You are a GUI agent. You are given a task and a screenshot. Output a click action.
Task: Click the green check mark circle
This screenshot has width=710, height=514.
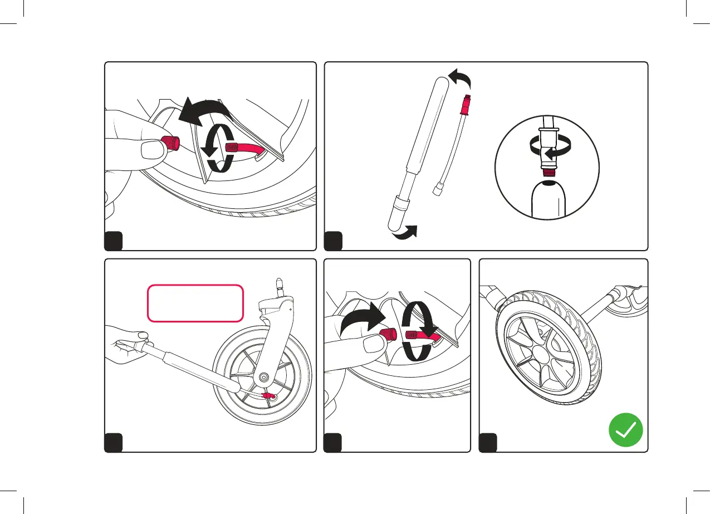(625, 429)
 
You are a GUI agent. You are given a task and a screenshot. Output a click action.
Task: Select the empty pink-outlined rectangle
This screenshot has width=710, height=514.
(195, 303)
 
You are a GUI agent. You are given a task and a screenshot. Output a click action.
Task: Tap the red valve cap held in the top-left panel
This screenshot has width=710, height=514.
(168, 143)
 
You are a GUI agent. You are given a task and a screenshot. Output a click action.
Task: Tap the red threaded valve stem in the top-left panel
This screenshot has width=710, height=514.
(234, 149)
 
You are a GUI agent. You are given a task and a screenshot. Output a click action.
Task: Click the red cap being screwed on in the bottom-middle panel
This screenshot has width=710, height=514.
(388, 335)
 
